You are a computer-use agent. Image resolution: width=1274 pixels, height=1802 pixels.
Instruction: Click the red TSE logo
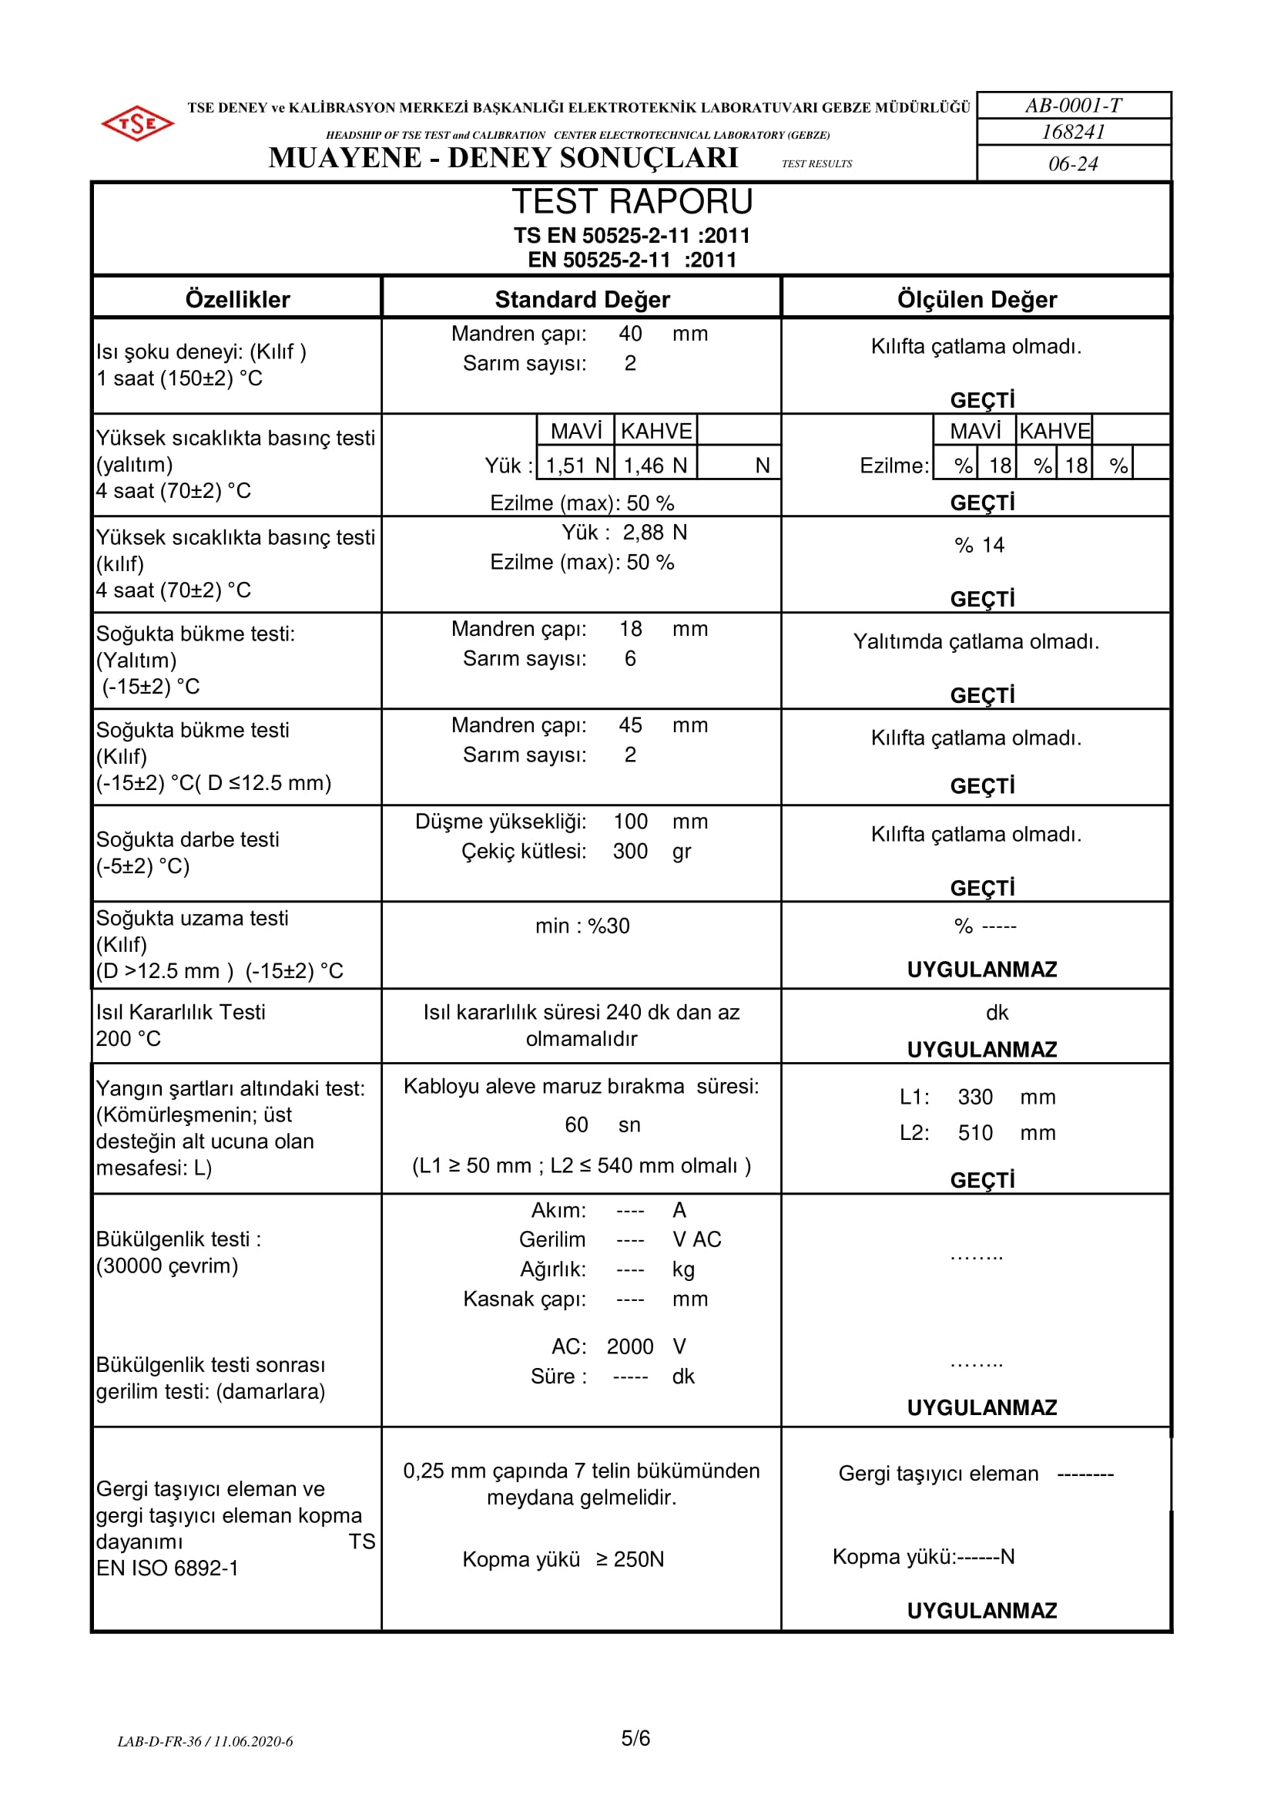(137, 124)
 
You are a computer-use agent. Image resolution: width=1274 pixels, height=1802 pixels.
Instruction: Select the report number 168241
(1073, 132)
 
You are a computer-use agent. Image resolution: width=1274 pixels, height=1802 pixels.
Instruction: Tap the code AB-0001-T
(1073, 105)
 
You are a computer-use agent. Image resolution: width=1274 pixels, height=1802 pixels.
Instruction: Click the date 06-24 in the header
(1073, 164)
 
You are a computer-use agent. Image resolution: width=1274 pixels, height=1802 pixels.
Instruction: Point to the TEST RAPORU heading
(632, 202)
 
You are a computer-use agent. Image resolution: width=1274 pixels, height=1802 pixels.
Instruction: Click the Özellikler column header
(238, 299)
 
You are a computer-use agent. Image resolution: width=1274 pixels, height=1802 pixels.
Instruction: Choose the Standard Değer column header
(582, 299)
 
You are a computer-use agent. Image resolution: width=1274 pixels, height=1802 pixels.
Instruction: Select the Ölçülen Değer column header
(977, 299)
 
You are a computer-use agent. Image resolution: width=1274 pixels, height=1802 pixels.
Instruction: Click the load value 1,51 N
(578, 466)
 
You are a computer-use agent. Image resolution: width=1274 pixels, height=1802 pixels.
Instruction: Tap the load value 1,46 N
(655, 466)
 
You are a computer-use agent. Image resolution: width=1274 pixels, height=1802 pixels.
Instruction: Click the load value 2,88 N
(654, 532)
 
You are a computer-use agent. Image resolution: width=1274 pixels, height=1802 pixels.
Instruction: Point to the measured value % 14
(979, 545)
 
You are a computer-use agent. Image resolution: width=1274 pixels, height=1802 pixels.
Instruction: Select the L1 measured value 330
(975, 1097)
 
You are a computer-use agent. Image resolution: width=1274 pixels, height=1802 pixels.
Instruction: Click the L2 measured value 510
(975, 1132)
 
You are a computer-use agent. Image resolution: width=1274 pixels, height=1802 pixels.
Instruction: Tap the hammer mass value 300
(630, 851)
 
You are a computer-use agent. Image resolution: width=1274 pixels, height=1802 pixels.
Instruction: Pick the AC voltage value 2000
(630, 1346)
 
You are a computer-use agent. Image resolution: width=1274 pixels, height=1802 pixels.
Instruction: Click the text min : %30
(582, 926)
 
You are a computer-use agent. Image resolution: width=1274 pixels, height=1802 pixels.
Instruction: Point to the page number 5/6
(635, 1739)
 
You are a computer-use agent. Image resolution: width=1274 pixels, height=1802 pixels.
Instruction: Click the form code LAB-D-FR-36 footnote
(205, 1742)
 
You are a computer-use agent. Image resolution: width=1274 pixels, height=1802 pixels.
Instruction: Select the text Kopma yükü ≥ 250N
(562, 1559)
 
